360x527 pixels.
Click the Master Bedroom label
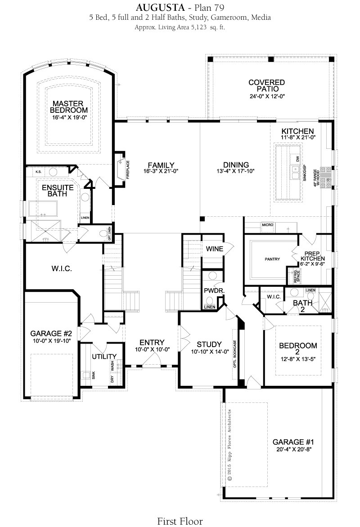pos(68,107)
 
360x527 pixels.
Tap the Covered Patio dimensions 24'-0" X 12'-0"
pos(267,97)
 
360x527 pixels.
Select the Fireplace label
pos(128,170)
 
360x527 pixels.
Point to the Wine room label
pos(215,249)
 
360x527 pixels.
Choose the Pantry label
pos(272,259)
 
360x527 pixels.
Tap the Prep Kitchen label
pos(313,256)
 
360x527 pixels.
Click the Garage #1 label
pos(293,442)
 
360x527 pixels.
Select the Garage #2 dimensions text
pos(51,341)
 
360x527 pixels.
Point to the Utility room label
pos(104,357)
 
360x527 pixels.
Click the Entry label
pos(152,343)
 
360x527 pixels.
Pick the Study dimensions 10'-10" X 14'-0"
pos(210,352)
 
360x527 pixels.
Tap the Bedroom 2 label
pos(298,348)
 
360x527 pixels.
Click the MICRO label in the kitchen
pos(268,225)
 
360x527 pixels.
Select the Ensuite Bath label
pos(58,191)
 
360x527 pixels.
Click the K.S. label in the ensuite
pos(38,172)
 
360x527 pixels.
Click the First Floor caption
pos(180,521)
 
